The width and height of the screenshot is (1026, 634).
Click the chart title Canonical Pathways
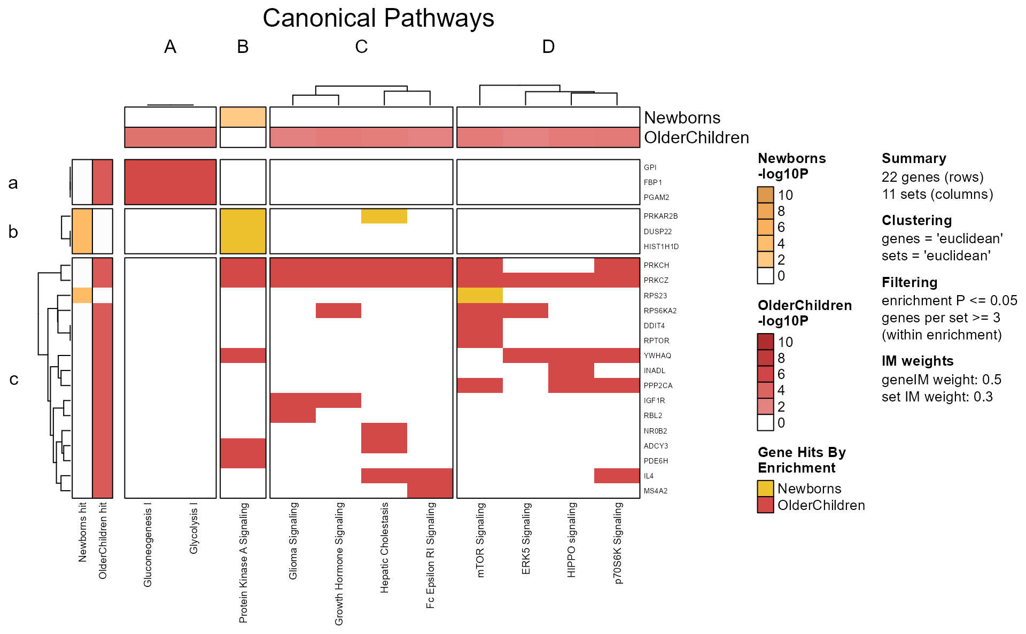(x=378, y=19)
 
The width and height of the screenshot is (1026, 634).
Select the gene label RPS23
(x=655, y=296)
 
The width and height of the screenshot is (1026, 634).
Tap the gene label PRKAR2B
(x=660, y=216)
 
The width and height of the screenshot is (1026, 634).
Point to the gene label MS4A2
(x=655, y=491)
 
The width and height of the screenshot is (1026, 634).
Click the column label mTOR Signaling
(x=480, y=540)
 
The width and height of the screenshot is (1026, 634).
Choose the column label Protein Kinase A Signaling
(x=243, y=562)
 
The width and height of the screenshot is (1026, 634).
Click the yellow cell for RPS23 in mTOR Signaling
(x=479, y=295)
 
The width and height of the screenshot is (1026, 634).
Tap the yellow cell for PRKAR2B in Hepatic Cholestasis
(x=384, y=216)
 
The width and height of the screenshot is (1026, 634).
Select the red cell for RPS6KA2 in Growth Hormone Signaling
(x=338, y=310)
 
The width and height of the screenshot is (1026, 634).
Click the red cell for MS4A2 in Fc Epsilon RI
(x=430, y=490)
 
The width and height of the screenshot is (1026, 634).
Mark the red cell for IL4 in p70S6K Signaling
(x=617, y=475)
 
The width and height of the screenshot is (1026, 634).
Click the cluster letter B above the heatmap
(x=243, y=47)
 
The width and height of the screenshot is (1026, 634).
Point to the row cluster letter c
(x=14, y=379)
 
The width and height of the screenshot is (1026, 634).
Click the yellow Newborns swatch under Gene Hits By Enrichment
(x=765, y=489)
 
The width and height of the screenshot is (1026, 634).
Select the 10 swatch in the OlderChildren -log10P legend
(x=765, y=342)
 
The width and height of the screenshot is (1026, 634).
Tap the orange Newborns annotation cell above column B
(x=243, y=117)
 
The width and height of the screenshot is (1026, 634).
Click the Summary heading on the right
(x=913, y=158)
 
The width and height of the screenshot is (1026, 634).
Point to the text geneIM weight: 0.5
(x=941, y=380)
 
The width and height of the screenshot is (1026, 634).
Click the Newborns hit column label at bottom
(x=82, y=532)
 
